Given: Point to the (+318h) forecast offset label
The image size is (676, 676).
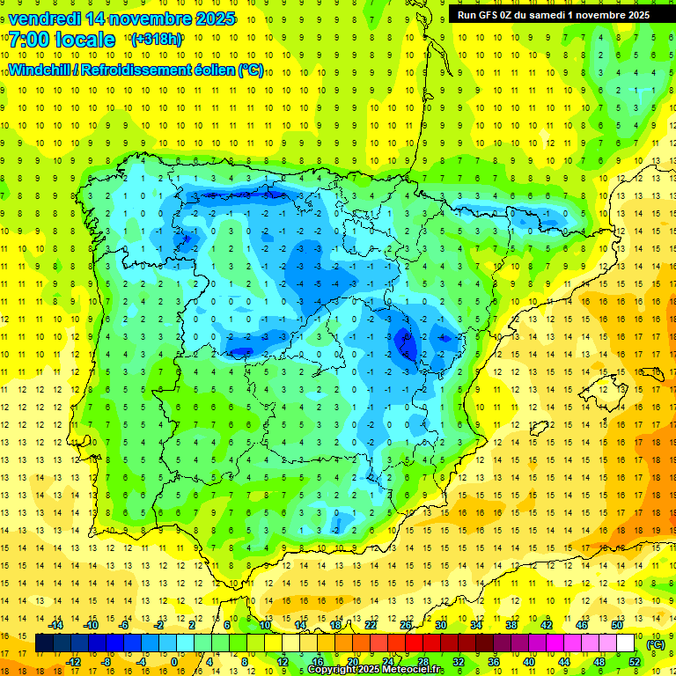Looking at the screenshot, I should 158,40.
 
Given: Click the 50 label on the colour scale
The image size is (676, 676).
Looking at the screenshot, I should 617,625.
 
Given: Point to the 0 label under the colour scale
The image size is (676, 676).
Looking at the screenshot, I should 173,662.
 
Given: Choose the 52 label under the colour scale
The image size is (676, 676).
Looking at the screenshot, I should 635,662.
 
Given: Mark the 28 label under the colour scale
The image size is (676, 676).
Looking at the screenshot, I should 423,662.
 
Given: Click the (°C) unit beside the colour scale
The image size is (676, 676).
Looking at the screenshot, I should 655,644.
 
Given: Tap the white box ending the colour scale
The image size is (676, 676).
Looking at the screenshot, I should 626,643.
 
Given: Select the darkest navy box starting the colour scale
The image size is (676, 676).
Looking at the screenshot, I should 44,643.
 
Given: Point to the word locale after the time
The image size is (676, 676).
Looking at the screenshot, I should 84,40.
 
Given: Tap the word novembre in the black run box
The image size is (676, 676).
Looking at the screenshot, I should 598,14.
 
